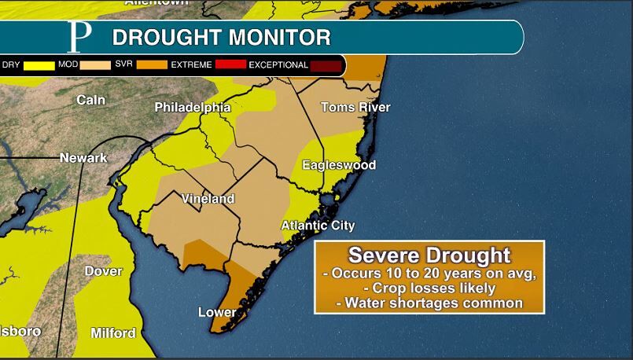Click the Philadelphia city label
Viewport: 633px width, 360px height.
coord(192,107)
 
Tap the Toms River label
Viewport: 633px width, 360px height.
coord(355,107)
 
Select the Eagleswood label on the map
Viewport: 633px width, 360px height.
coord(339,165)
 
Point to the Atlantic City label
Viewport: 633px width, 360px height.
coord(318,226)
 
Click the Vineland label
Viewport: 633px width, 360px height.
coord(208,199)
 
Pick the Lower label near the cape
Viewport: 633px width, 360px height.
coord(217,312)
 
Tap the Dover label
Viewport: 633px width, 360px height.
coord(103,271)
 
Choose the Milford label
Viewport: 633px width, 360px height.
coord(112,332)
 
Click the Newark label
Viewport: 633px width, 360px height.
coord(83,158)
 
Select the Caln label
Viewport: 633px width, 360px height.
coord(91,100)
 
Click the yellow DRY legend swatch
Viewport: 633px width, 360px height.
coord(36,65)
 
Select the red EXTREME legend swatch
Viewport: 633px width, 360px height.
coord(229,65)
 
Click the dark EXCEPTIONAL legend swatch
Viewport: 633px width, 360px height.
coord(326,65)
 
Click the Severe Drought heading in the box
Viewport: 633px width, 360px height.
coord(429,255)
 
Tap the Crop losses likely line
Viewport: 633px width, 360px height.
coord(429,288)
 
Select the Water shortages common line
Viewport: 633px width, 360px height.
coord(429,303)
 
